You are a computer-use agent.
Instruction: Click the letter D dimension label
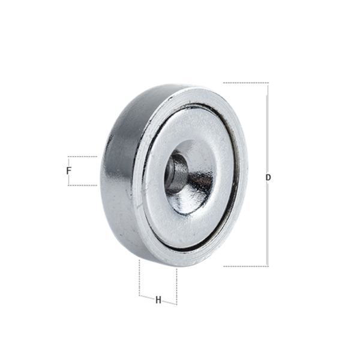click(268, 178)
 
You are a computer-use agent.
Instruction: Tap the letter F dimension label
click(68, 170)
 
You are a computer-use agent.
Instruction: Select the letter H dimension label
click(158, 300)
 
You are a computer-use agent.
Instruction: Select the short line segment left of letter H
click(147, 298)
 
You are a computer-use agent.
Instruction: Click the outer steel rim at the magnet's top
click(198, 96)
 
